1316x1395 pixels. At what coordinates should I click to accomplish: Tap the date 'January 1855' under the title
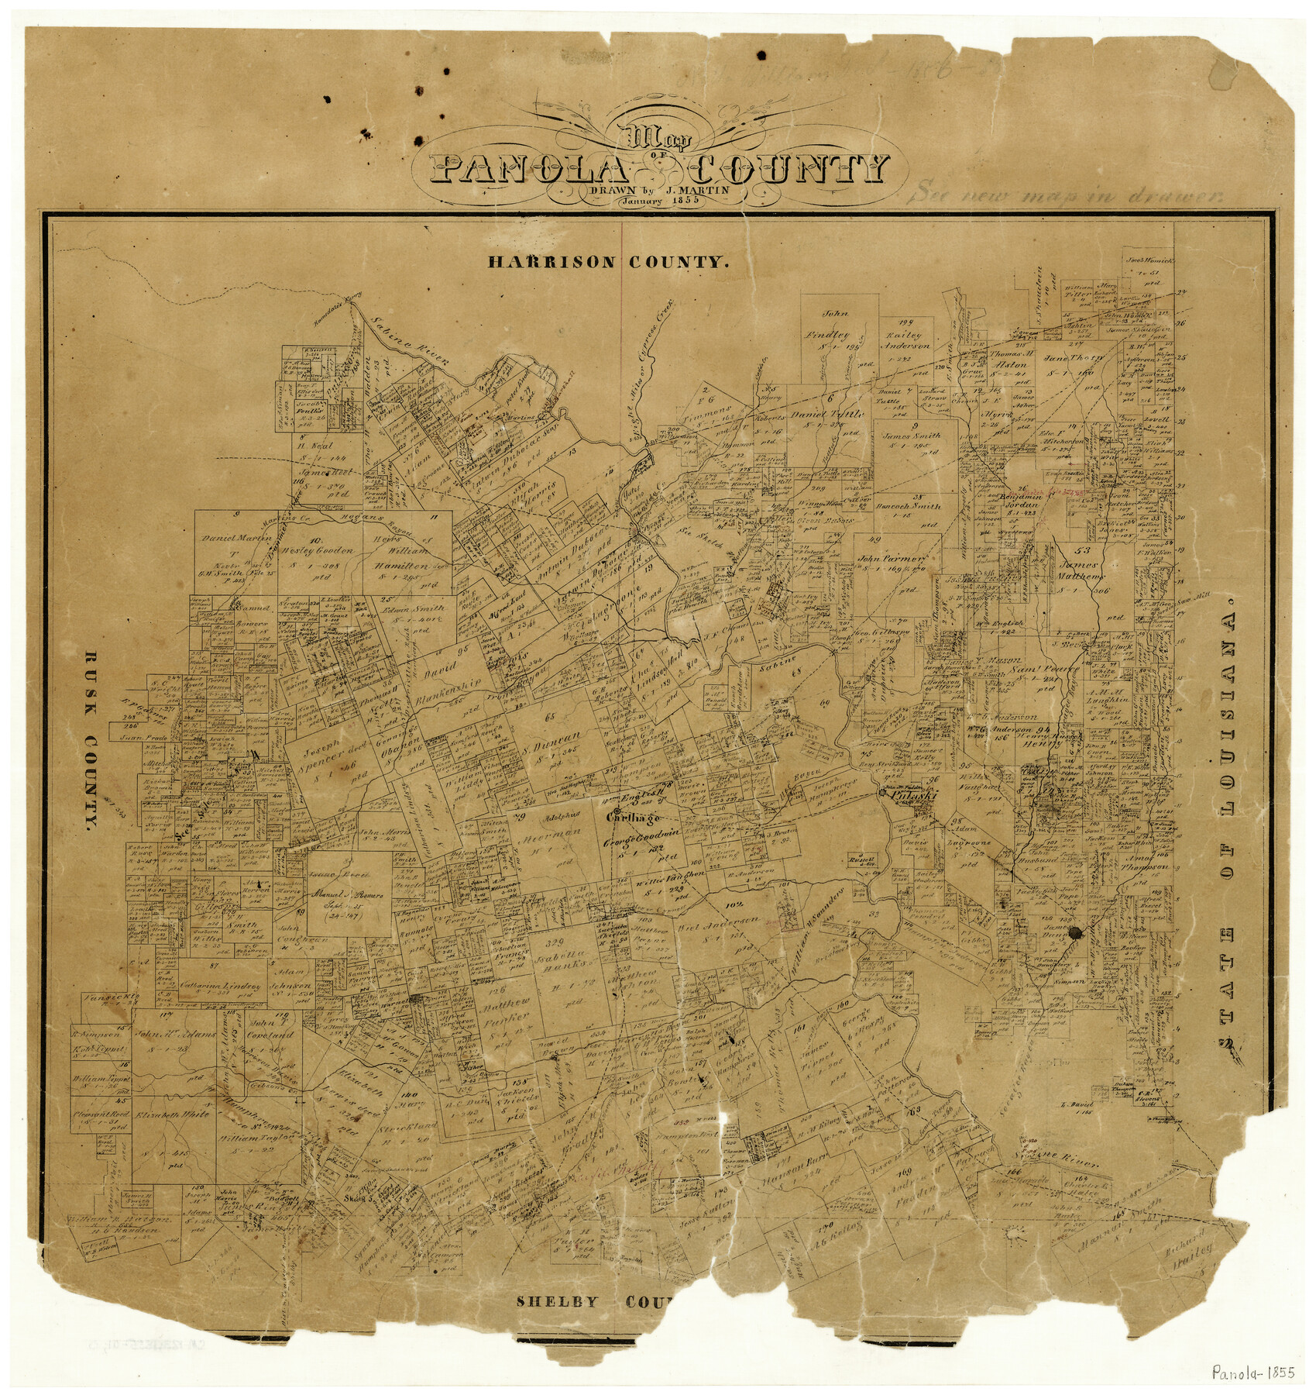658,200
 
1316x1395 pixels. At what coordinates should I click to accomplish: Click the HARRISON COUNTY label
608,262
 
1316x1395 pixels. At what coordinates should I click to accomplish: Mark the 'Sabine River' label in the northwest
411,341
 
